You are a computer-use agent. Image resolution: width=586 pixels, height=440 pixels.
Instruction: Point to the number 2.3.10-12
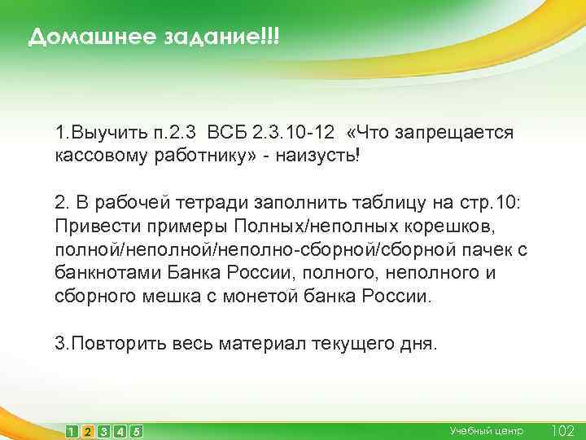tap(295, 132)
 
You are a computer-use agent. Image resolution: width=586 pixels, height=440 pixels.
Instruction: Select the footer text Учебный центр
tap(487, 430)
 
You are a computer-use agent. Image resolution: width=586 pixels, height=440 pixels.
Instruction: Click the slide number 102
tap(562, 430)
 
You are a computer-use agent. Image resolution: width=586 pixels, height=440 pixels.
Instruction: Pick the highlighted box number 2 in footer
tap(88, 431)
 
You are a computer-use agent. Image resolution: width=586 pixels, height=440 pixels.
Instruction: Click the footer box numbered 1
tap(72, 431)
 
